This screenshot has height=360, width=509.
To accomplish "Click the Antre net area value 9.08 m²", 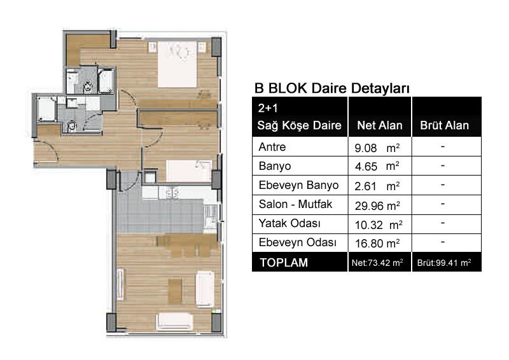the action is click(x=377, y=148).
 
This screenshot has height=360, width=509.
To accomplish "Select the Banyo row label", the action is click(x=275, y=166).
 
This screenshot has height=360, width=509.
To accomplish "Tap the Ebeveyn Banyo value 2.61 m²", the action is click(x=377, y=186).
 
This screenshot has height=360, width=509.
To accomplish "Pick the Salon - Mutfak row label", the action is click(x=295, y=204).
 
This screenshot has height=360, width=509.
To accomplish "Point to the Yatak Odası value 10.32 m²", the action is click(x=379, y=225).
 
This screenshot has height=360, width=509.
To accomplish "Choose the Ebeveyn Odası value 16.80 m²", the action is click(x=377, y=243).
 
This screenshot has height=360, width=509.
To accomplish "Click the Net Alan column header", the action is click(x=379, y=125).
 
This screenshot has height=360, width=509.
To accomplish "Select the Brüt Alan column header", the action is click(x=444, y=125).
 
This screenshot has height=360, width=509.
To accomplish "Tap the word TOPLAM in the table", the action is click(x=284, y=263).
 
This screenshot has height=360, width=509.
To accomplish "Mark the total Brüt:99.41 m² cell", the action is click(x=444, y=263).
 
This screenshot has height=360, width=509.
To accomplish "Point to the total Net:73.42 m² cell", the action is click(x=377, y=263).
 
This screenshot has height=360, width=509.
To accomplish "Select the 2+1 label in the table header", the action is click(x=268, y=108).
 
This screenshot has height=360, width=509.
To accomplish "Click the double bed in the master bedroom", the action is click(x=178, y=64).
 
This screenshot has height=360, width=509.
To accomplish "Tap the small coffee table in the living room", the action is click(x=175, y=291).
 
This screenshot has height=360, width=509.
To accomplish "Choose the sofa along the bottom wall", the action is click(x=174, y=321).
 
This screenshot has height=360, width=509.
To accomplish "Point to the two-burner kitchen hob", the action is click(x=172, y=193).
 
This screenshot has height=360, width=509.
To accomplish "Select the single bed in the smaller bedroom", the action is click(x=189, y=171).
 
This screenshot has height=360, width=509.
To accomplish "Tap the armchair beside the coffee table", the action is click(x=205, y=289).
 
